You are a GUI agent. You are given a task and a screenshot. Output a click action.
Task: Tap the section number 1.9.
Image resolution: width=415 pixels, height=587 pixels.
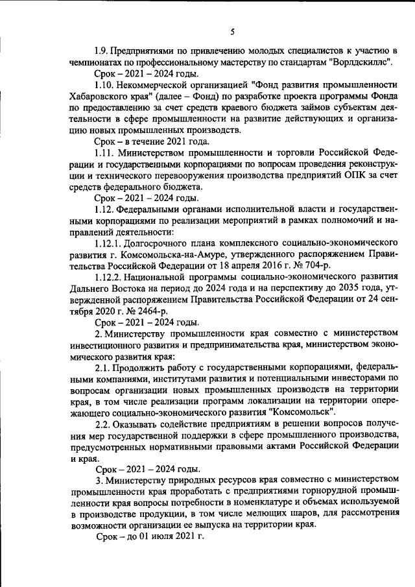[x=101, y=50]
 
